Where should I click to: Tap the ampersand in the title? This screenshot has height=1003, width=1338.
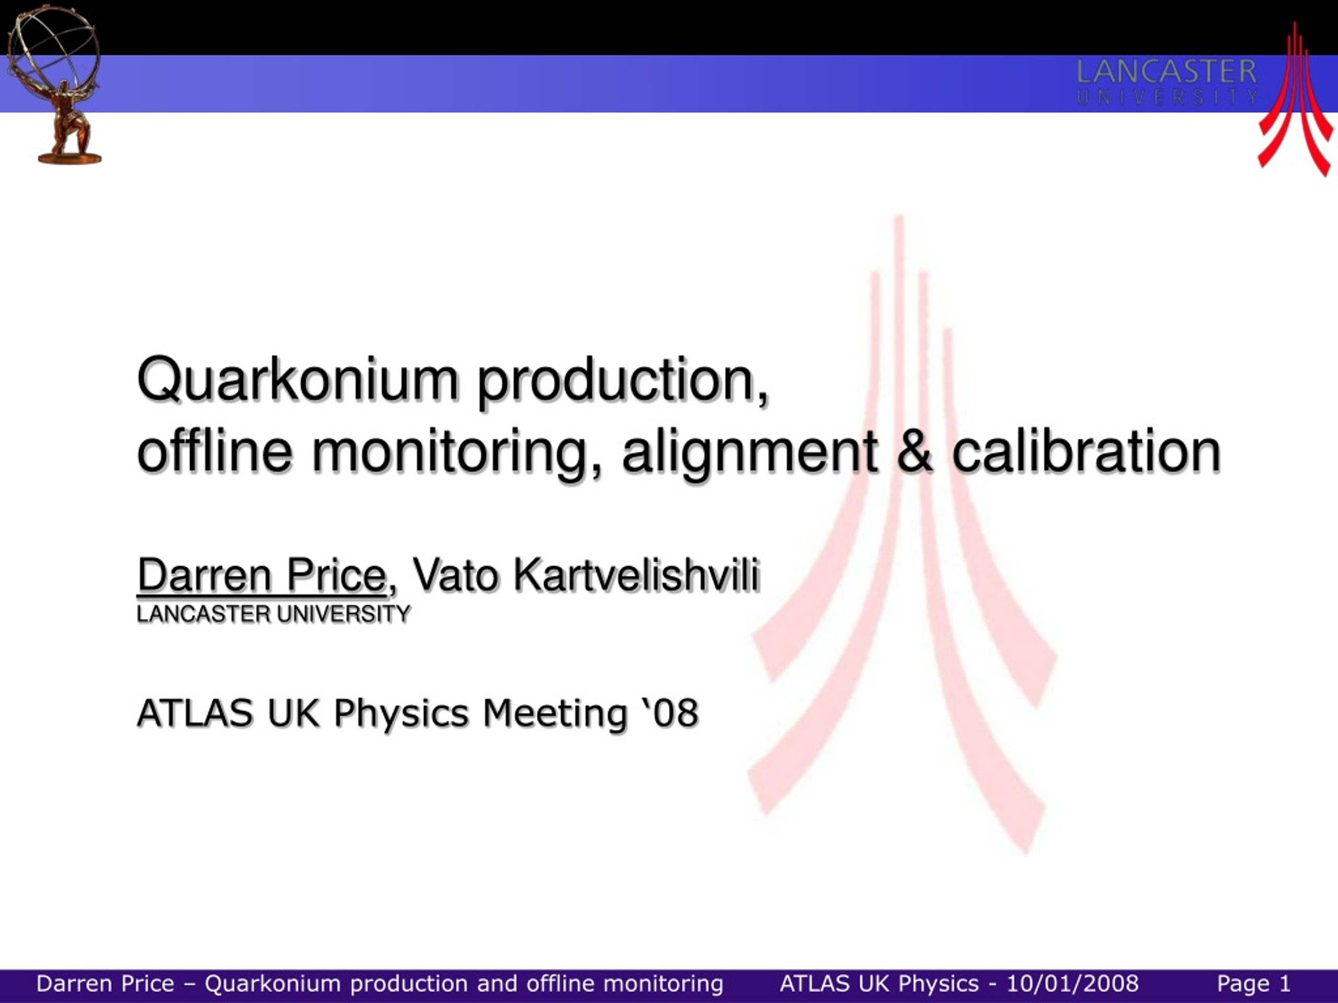[915, 452]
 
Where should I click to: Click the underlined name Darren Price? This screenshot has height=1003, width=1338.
[262, 575]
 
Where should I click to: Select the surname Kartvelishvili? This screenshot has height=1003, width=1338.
[637, 575]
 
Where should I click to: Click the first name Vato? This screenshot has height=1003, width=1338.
[455, 575]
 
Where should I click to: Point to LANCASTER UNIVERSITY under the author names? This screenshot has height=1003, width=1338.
[273, 614]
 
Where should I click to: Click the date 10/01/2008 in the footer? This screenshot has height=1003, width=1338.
[1072, 984]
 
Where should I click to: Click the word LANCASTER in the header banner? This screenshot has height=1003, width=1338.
[1166, 72]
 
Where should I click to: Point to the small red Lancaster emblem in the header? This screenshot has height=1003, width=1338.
[1295, 99]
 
